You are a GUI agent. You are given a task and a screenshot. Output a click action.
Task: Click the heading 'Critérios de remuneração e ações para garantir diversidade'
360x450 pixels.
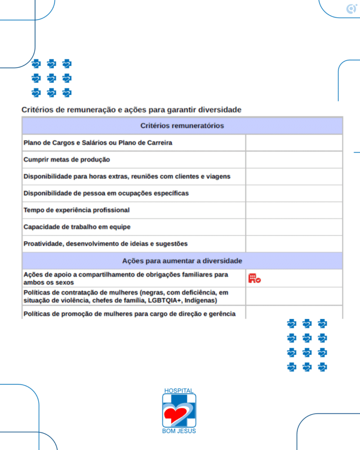131,109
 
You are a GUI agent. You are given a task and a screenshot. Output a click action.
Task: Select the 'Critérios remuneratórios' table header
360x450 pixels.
182,126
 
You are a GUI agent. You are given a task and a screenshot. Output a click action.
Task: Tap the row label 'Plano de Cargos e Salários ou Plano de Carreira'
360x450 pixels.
98,143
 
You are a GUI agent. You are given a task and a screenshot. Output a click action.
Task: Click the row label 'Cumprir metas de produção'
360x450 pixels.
66,160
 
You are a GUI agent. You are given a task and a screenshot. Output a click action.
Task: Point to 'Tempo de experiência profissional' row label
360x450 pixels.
76,210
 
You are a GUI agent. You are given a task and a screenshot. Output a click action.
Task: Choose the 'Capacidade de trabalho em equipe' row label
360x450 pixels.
77,227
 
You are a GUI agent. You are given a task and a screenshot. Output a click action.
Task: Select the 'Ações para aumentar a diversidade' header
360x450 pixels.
182,261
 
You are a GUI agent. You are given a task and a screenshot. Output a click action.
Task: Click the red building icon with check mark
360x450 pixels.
255,278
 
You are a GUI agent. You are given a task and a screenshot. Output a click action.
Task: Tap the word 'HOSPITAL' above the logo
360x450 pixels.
179,391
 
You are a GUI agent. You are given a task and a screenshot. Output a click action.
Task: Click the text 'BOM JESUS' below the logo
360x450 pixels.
179,431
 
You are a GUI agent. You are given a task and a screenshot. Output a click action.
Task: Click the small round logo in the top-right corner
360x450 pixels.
351,9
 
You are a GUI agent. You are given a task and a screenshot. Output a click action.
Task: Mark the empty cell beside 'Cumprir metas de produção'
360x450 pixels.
294,160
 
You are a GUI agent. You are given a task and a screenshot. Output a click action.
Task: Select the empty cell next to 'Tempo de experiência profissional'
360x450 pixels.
294,210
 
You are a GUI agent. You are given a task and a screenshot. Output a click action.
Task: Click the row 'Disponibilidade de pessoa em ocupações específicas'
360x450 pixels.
106,193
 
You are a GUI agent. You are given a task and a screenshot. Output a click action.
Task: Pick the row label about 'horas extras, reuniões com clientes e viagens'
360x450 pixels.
127,176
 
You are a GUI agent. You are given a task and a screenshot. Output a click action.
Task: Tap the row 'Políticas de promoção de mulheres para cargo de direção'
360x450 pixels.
129,314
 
